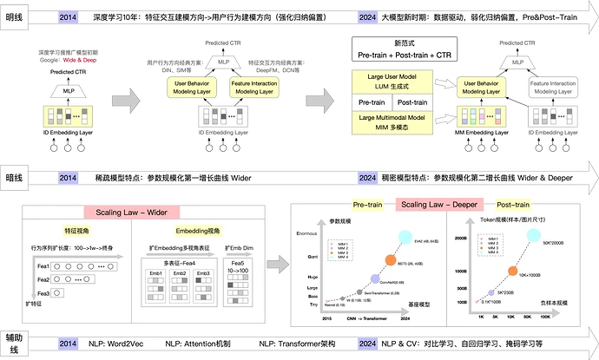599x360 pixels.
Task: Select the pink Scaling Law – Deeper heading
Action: (439, 206)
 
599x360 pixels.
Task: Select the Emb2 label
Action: (181, 273)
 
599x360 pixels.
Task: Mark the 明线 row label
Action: (14, 16)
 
